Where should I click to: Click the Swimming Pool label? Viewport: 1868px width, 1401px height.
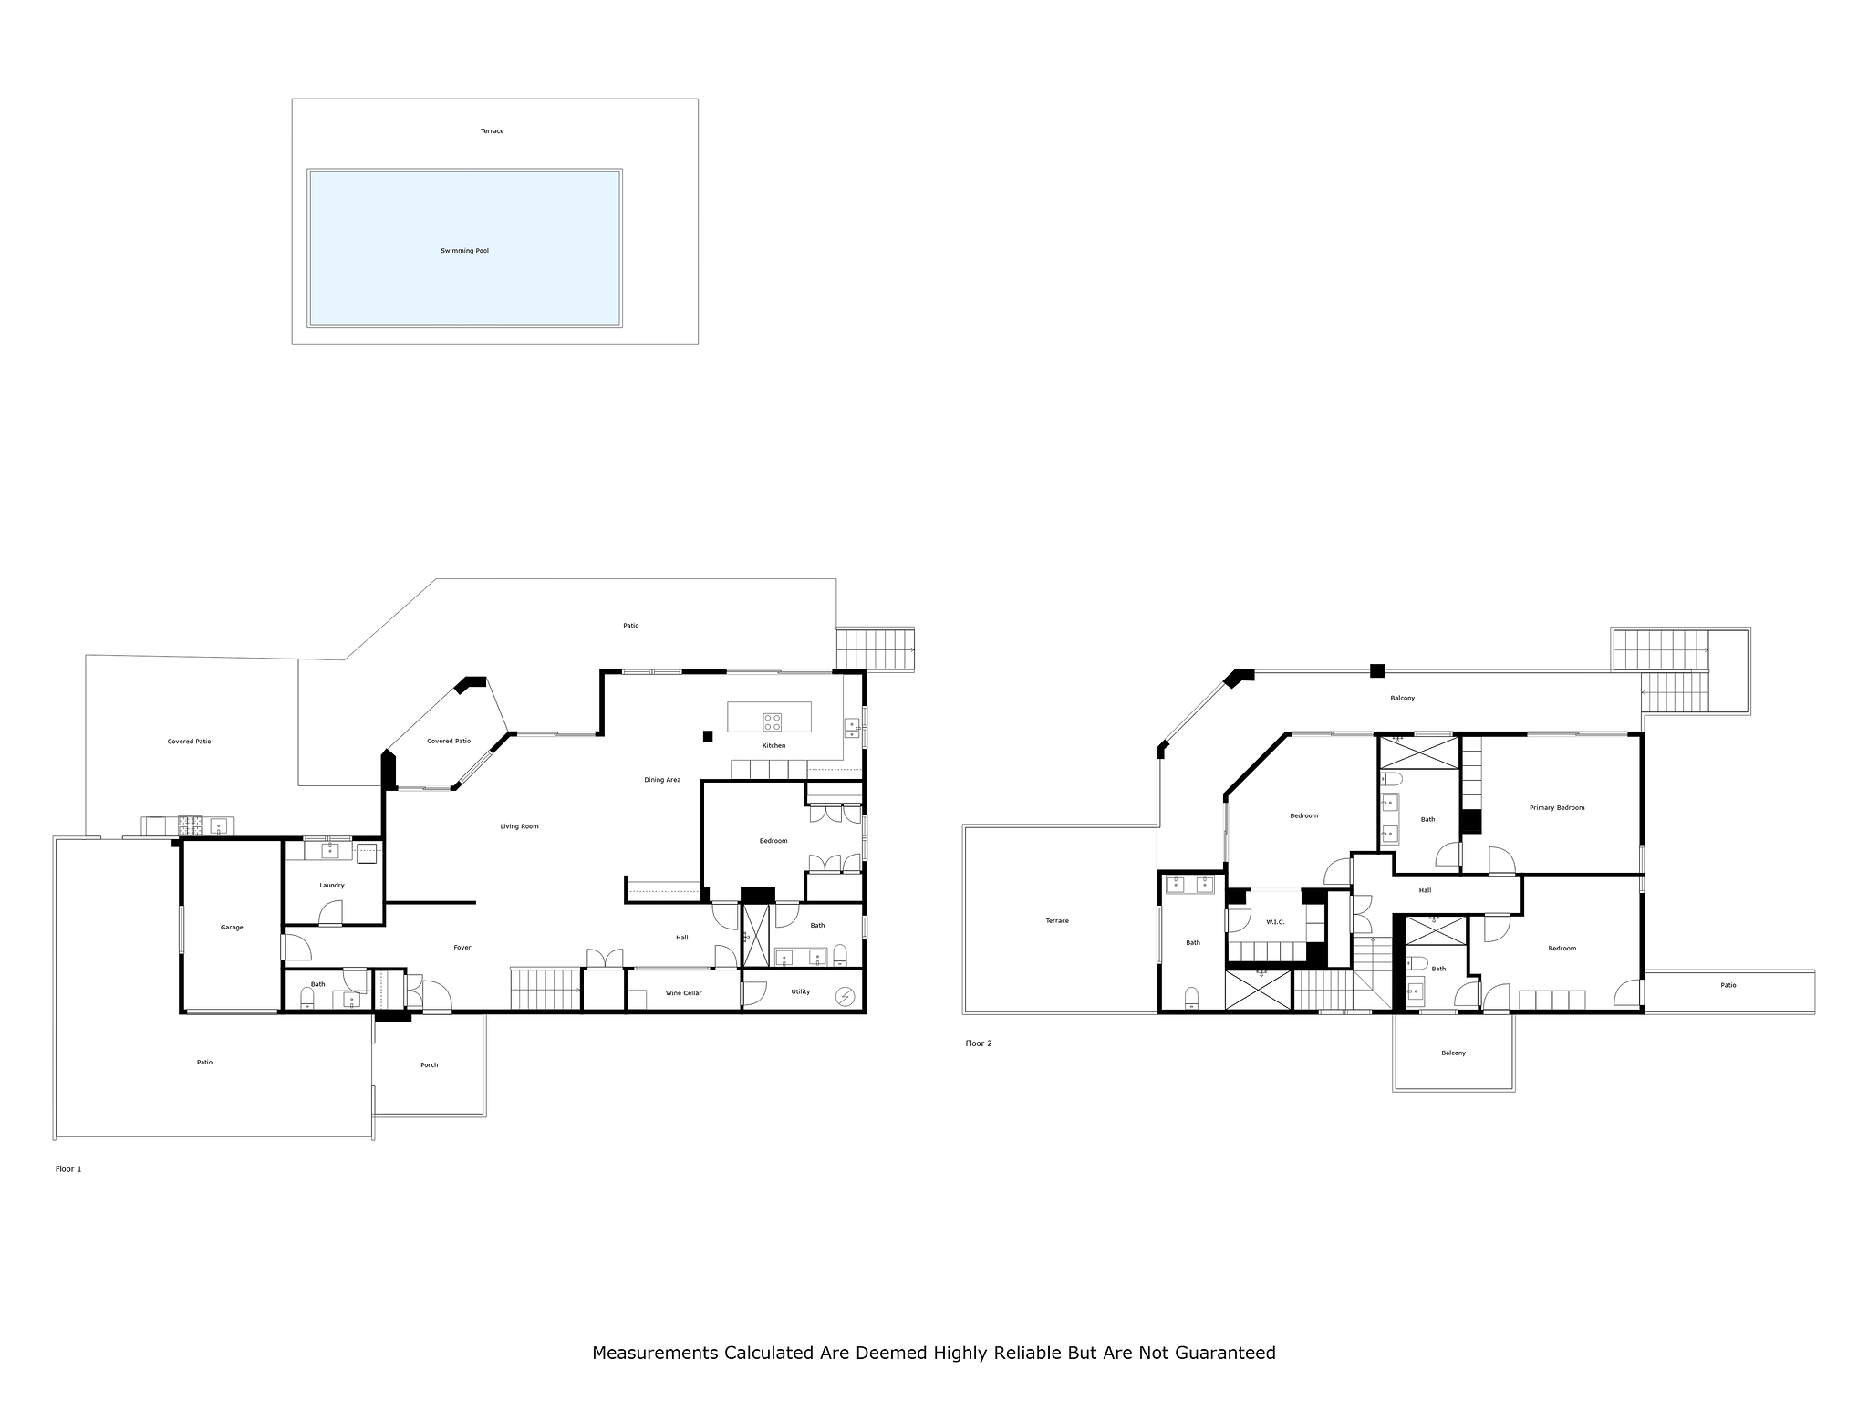[x=464, y=251]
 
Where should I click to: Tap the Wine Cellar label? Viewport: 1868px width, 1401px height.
[x=684, y=993]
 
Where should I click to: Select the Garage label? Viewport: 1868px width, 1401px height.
[x=232, y=928]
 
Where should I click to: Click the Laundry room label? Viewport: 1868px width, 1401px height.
[x=332, y=886]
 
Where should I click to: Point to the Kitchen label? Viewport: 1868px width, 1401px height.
[x=773, y=746]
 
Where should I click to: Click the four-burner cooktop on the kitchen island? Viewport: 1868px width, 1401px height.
[x=773, y=721]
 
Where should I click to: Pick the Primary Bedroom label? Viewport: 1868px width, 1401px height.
[x=1557, y=808]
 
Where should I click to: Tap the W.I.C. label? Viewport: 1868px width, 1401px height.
[x=1275, y=922]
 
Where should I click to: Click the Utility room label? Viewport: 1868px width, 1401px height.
[x=801, y=992]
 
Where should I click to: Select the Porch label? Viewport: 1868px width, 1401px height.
[x=429, y=1065]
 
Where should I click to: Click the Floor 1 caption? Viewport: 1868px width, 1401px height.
[x=68, y=1169]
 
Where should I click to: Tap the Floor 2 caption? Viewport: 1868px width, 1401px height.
[x=979, y=1043]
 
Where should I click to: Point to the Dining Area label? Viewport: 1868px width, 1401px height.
[x=662, y=780]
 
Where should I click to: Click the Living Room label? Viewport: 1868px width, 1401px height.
[x=519, y=827]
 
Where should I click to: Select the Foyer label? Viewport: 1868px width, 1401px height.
[x=462, y=948]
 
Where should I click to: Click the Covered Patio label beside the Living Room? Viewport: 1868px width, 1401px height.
[x=449, y=742]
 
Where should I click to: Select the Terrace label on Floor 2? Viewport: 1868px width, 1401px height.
[x=1057, y=921]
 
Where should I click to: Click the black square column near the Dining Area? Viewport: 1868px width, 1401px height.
[x=707, y=736]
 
